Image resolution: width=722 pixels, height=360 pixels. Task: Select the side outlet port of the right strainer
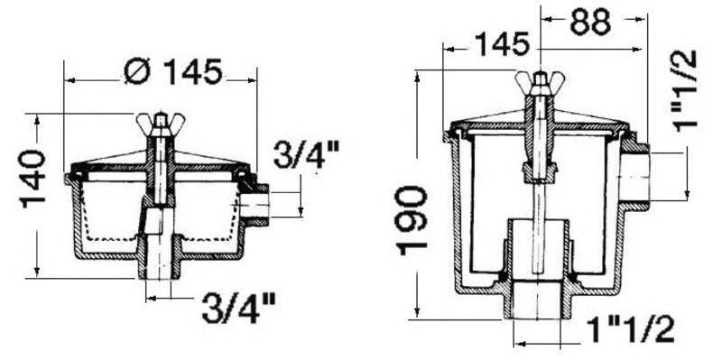(x=636, y=173)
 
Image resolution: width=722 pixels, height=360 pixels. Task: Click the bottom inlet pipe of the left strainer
(x=159, y=265)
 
